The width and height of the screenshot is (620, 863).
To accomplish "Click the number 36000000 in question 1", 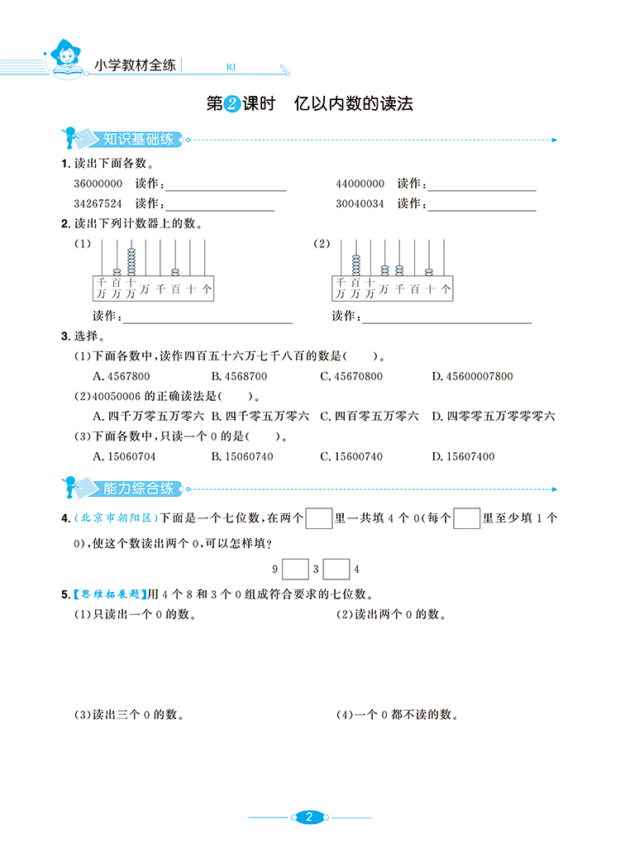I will (98, 184).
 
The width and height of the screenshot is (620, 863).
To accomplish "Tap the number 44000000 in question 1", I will (360, 184).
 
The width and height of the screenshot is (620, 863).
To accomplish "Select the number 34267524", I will (98, 203).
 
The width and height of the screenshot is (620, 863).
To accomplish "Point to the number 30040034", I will (360, 203).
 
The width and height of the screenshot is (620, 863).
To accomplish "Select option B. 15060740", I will (242, 455).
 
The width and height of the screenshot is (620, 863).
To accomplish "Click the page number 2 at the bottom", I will (309, 818).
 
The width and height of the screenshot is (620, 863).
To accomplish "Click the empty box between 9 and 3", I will (295, 569).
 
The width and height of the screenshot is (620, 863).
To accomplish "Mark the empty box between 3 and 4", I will (336, 569).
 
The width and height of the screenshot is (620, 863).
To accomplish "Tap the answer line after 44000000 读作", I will (481, 189).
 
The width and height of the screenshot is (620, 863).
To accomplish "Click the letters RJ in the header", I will (231, 68).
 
